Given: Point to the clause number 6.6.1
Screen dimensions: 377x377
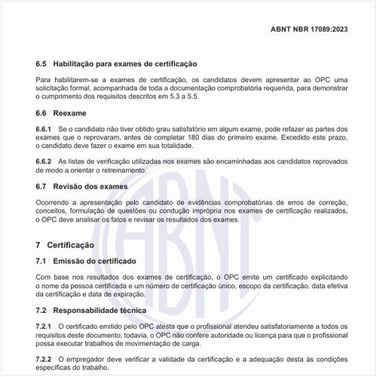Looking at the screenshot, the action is (44, 130).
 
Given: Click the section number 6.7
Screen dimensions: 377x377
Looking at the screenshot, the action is (42, 186).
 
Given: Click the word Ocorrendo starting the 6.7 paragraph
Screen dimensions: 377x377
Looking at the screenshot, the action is (55, 202).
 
